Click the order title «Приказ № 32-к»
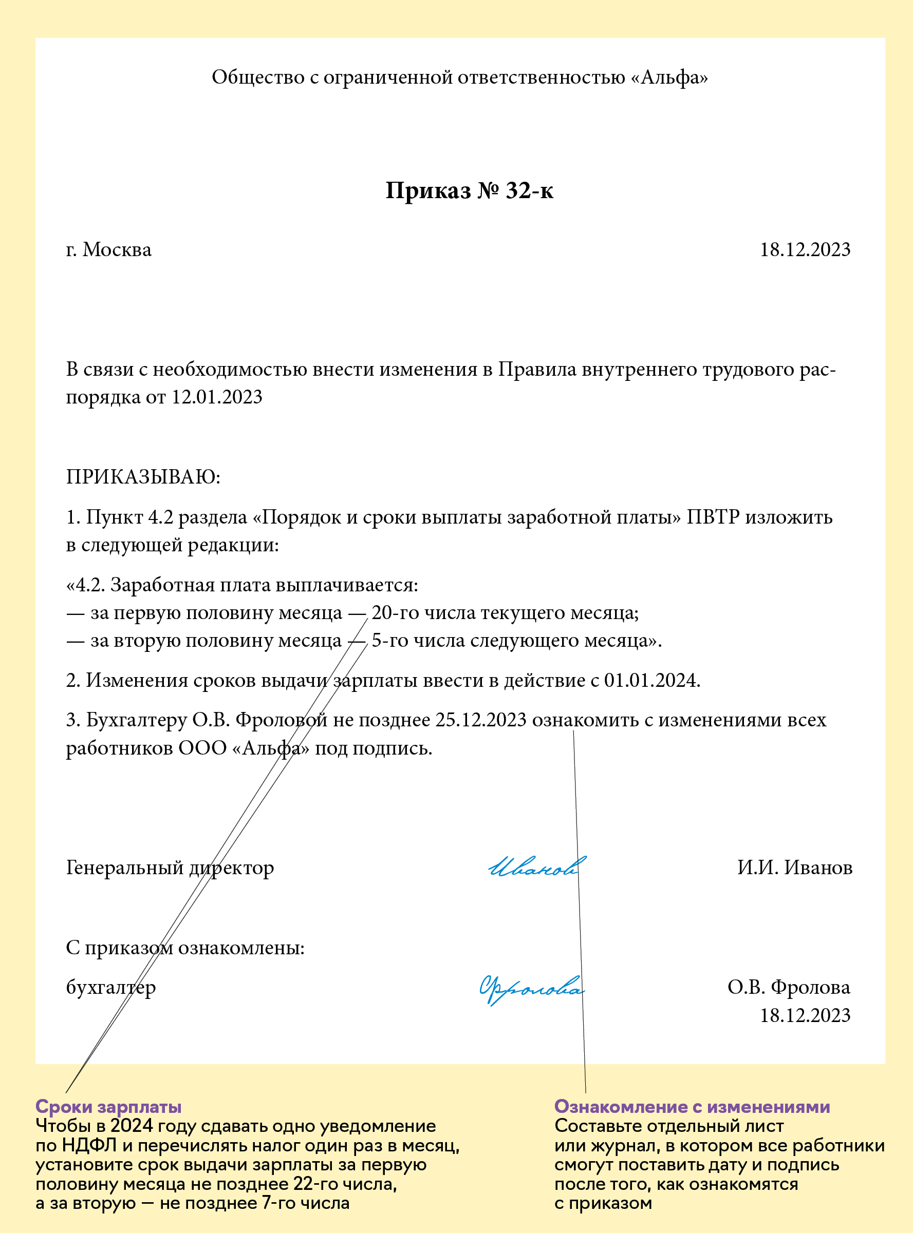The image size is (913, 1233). pos(469,190)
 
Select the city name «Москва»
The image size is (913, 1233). pos(117,249)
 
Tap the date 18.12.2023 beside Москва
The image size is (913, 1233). pos(805,249)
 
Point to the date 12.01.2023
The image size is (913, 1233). pos(217,397)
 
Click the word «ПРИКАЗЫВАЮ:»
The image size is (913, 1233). pos(143,476)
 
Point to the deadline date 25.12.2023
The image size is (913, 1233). pos(481,720)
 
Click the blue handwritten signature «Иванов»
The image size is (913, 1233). pos(535,868)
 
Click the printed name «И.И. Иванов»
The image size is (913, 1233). pos(794,868)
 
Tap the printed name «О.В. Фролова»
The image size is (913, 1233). pos(789,987)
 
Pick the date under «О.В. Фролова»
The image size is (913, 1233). pos(805,1015)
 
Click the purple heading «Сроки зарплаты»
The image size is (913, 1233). pos(108,1107)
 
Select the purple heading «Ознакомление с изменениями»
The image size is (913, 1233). pos(692,1107)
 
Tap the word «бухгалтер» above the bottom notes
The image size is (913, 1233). pos(110,987)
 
